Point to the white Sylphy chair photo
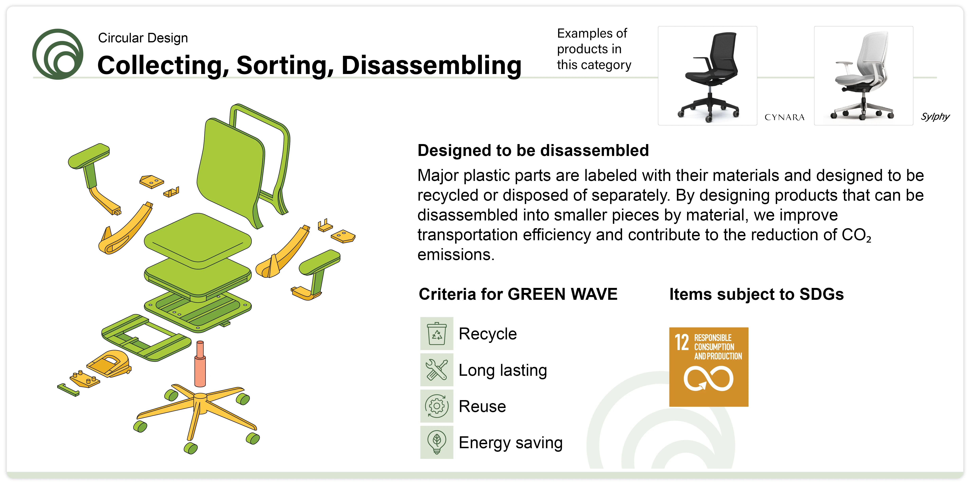click(x=864, y=75)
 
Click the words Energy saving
click(x=511, y=443)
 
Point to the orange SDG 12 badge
click(x=709, y=367)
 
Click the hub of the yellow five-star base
click(x=200, y=398)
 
